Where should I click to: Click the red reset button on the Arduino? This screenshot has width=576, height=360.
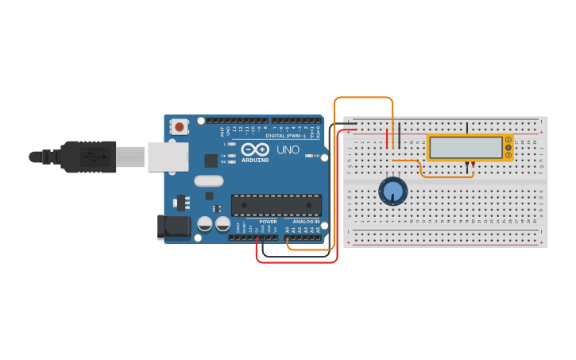180,126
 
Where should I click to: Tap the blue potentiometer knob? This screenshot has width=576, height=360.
392,192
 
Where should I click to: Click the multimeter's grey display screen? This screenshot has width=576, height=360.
466,148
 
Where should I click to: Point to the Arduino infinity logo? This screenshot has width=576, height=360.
255,149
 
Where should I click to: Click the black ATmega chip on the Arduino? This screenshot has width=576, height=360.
276,204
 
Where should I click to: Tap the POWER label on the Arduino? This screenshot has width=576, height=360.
268,222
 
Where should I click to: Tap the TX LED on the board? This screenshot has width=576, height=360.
231,155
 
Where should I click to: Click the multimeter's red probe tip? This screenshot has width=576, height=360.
474,165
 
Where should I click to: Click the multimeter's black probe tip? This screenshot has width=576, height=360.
468,165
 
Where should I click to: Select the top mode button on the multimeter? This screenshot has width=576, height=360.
508,141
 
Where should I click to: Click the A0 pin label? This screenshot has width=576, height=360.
288,230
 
